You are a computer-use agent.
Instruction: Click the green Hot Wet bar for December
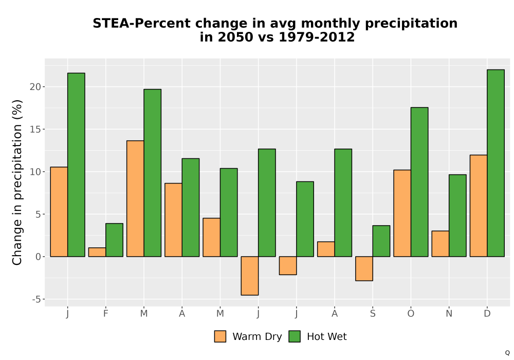[x=495, y=163]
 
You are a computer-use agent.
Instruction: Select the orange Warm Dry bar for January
[x=59, y=212]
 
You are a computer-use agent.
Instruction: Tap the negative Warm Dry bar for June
[x=250, y=276]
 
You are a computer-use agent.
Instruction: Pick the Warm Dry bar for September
[x=364, y=268]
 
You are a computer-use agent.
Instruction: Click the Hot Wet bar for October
[x=419, y=182]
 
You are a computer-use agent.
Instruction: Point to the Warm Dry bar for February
[x=97, y=252]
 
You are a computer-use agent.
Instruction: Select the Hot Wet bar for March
[x=153, y=173]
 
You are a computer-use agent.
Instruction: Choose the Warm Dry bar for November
[x=440, y=244]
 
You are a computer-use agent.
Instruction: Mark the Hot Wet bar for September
[x=381, y=241]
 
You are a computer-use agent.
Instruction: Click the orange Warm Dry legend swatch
[x=221, y=336]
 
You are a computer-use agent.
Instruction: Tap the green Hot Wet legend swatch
[x=295, y=336]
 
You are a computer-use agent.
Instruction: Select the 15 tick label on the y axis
[x=35, y=130]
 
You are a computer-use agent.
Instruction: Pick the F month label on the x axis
[x=105, y=314]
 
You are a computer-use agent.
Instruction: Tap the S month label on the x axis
[x=373, y=314]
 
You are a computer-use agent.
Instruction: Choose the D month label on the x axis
[x=487, y=314]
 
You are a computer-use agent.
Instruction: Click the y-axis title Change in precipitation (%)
[x=17, y=182]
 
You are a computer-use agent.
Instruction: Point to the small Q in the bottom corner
[x=507, y=353]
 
